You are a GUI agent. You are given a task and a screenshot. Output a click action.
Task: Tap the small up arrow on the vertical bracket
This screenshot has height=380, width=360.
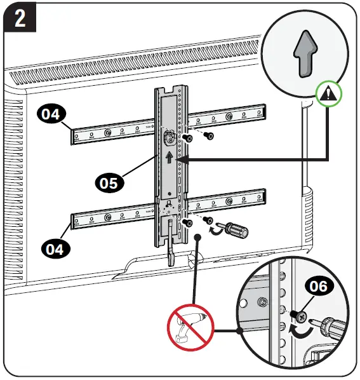[168, 156]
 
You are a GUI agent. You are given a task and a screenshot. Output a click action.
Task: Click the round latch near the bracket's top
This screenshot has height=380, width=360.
[169, 136]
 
